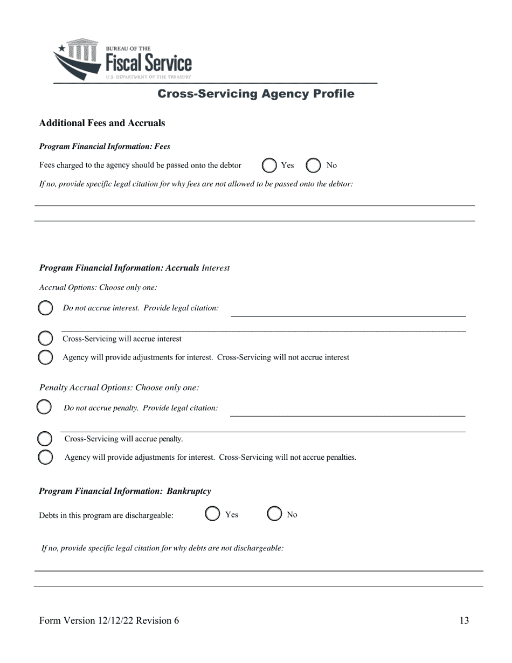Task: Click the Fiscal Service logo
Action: (122, 59)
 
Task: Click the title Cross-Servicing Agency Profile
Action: (255, 94)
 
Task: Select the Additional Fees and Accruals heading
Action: (102, 123)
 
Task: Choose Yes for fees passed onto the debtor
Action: (269, 165)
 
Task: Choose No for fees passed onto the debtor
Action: (313, 165)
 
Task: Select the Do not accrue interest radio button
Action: (46, 308)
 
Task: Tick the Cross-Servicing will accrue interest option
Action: (46, 339)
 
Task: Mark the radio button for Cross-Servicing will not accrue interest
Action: (46, 357)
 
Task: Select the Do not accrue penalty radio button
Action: (44, 408)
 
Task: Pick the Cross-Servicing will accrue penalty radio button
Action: (45, 439)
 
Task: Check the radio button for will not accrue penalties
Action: (46, 457)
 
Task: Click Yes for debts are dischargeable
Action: (213, 514)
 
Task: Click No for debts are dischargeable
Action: (274, 514)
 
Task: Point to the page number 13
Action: (464, 620)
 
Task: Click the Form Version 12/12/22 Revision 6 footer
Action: (109, 620)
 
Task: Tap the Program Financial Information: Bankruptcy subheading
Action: (125, 491)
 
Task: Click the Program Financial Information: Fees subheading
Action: (105, 146)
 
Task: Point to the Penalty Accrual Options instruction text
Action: (119, 388)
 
